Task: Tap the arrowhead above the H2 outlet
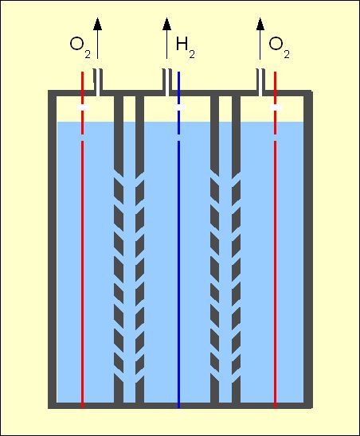coord(166,24)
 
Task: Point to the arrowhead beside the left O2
coord(97,24)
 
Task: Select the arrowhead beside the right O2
coord(260,24)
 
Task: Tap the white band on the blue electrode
coord(179,107)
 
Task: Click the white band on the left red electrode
coord(83,107)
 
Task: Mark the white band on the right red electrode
coord(276,107)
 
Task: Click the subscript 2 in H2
coord(192,54)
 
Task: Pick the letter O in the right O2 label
coord(276,44)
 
